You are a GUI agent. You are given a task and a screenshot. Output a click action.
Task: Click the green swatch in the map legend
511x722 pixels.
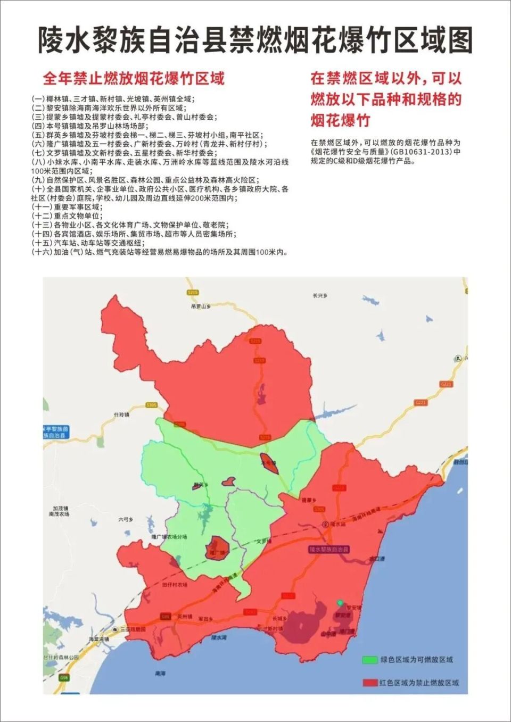click(369, 660)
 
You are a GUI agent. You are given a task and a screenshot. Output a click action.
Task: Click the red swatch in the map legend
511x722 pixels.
click(369, 683)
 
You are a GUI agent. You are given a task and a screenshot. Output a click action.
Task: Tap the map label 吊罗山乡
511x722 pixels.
click(201, 306)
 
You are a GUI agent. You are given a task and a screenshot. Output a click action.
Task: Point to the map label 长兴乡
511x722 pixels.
click(320, 295)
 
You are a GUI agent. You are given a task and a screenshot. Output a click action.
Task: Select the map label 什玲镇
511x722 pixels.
click(121, 414)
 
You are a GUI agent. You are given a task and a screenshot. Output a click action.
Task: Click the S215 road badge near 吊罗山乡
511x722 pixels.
click(193, 293)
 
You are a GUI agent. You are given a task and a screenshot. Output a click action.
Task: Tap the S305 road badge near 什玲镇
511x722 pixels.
click(152, 405)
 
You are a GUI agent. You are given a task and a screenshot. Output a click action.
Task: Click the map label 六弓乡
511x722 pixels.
click(126, 520)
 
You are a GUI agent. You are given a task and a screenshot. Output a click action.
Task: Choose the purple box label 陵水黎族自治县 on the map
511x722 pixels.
click(328, 549)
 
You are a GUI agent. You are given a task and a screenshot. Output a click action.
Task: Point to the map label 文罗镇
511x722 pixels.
click(264, 541)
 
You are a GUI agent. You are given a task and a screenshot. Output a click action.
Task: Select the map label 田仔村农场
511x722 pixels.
click(175, 585)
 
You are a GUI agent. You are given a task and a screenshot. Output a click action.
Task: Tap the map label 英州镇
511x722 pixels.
click(184, 616)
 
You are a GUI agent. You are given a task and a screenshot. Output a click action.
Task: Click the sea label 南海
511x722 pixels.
click(160, 674)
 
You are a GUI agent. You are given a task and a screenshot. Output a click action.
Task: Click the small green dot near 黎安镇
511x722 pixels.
click(340, 602)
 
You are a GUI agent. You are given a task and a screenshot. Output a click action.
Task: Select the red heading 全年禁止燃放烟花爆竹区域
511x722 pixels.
click(134, 79)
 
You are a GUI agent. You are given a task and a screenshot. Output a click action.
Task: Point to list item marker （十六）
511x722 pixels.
click(42, 252)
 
